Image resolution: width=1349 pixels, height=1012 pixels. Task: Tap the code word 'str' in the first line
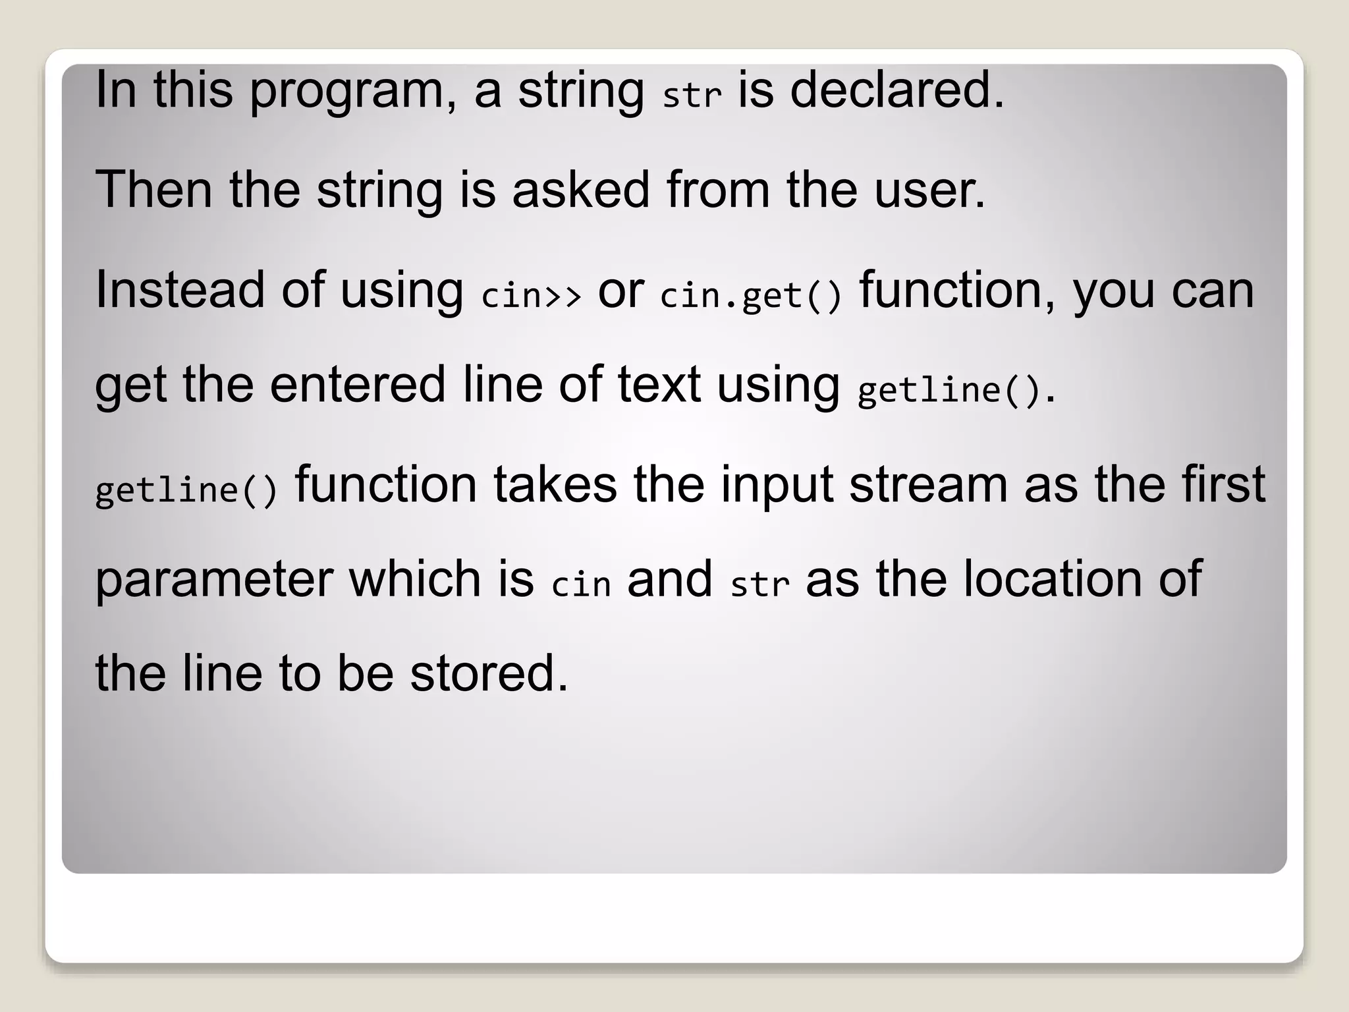tap(692, 97)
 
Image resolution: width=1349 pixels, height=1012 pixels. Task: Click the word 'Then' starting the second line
tap(153, 190)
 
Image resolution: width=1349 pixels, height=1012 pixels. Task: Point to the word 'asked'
tap(581, 190)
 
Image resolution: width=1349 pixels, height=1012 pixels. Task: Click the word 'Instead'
tap(180, 290)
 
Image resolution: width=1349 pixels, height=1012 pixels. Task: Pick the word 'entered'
tap(358, 385)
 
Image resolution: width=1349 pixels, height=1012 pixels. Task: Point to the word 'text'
tap(659, 385)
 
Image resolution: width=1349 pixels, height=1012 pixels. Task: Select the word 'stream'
tap(928, 485)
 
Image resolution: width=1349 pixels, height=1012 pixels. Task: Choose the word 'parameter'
tap(214, 580)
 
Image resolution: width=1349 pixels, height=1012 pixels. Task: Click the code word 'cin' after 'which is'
tap(581, 584)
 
